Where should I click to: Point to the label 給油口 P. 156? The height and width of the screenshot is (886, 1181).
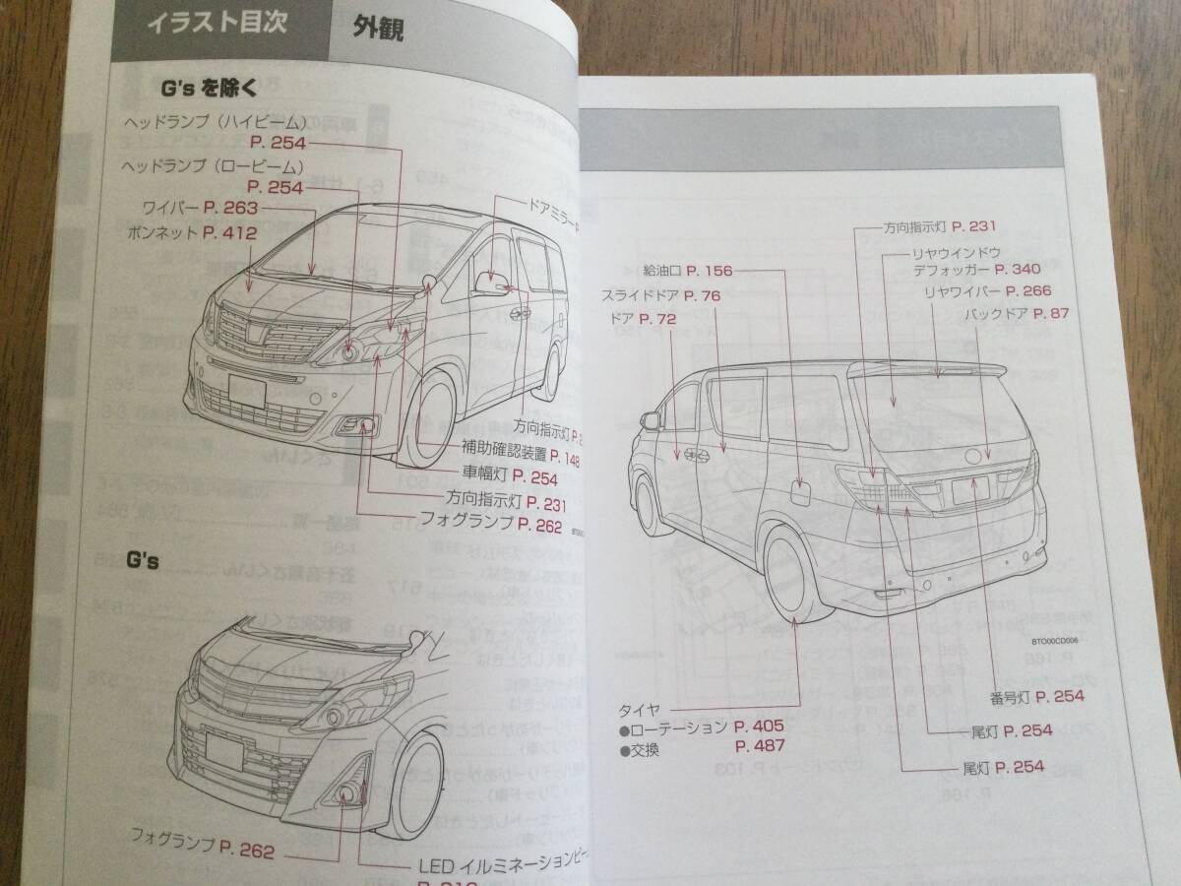[687, 270]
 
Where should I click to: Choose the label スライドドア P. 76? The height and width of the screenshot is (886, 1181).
[662, 294]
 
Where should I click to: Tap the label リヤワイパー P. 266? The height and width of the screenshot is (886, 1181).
[987, 290]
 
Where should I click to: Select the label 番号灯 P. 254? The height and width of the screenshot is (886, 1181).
[1037, 696]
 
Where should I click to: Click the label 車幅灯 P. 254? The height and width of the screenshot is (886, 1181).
[511, 479]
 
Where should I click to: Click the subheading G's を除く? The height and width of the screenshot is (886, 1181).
[210, 90]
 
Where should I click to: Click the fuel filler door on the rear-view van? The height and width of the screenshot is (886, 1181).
[799, 494]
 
